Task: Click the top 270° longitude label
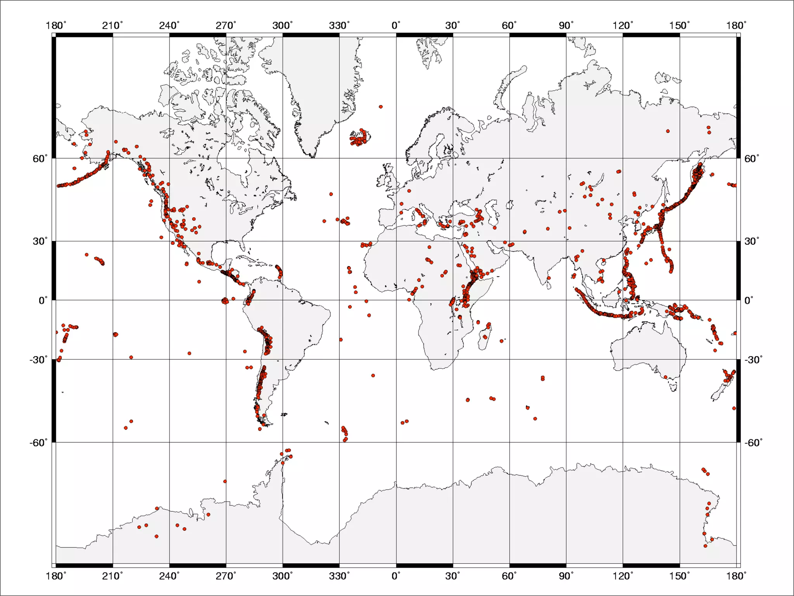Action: tap(226, 26)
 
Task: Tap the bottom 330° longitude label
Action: tap(339, 576)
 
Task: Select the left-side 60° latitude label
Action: tap(40, 158)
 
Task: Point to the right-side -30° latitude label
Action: tap(753, 360)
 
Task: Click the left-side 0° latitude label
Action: tap(43, 300)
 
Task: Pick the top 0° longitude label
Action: tap(396, 26)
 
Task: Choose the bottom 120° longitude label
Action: tap(623, 576)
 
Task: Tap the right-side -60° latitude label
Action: tap(753, 442)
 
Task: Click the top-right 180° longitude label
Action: tap(736, 26)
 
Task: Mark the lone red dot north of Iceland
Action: tap(381, 107)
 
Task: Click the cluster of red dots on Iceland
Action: tap(360, 138)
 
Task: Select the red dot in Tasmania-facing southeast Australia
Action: tap(666, 377)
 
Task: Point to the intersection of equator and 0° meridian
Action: tap(396, 300)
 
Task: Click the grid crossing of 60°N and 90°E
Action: tap(566, 158)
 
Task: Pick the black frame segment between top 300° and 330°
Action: tap(311, 35)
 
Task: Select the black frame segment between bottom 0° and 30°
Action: tap(424, 565)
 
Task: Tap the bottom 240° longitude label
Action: tap(169, 576)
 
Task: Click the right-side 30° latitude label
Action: tap(751, 241)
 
